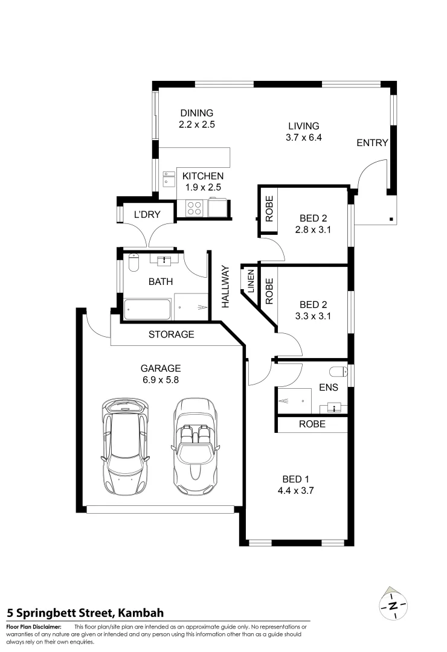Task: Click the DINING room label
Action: (197, 113)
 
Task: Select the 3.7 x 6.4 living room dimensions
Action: (303, 138)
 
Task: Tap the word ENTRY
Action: (372, 143)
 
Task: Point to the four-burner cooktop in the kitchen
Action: (194, 208)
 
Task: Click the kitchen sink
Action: (168, 179)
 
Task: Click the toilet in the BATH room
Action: (133, 261)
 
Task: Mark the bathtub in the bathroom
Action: (148, 308)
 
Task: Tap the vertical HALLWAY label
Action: (225, 287)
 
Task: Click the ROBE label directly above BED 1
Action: (312, 424)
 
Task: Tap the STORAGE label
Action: (172, 334)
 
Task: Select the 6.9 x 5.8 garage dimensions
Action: (161, 380)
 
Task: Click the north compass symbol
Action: (393, 604)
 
